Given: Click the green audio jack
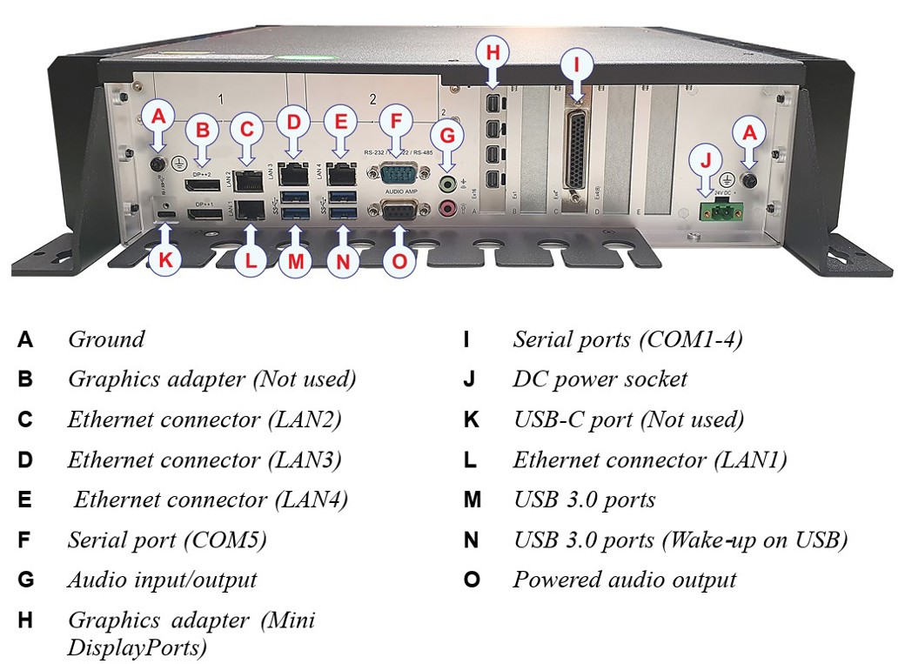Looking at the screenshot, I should click(448, 184).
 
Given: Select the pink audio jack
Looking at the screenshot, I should click(448, 208).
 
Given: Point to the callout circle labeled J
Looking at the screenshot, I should click(706, 161).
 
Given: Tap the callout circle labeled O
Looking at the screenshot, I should click(399, 260).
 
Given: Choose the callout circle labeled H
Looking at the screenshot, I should click(493, 53).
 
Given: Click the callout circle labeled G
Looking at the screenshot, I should click(448, 136).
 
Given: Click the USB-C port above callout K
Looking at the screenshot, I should click(166, 213).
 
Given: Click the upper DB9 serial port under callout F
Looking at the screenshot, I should click(397, 173).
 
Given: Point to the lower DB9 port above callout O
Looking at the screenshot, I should click(397, 210).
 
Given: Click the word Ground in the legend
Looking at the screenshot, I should click(106, 339).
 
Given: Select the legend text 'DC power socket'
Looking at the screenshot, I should click(600, 379).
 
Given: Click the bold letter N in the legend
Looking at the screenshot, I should click(471, 540).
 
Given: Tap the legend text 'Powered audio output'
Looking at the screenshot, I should click(624, 580).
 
